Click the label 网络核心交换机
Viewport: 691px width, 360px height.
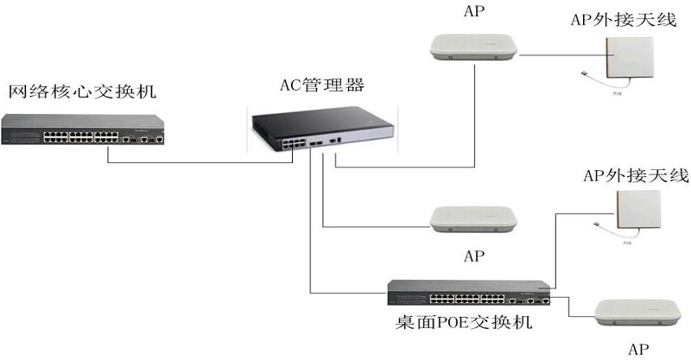tap(83, 91)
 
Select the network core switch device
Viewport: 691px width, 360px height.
tap(83, 130)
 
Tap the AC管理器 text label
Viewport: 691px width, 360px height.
tap(321, 85)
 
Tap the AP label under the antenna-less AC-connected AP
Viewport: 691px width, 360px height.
tap(473, 256)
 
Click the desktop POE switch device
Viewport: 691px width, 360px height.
tap(468, 293)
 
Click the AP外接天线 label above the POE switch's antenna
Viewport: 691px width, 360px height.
tap(637, 176)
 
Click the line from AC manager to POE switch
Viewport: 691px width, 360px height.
tap(310, 242)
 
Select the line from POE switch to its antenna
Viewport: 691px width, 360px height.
tap(555, 250)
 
